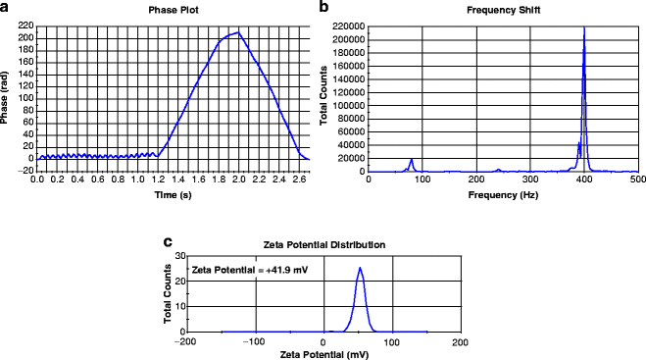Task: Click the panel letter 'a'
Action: click(6, 7)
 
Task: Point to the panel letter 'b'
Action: click(323, 7)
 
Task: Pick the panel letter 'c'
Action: click(169, 241)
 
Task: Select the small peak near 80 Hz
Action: click(412, 159)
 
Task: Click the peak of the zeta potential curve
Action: click(360, 268)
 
